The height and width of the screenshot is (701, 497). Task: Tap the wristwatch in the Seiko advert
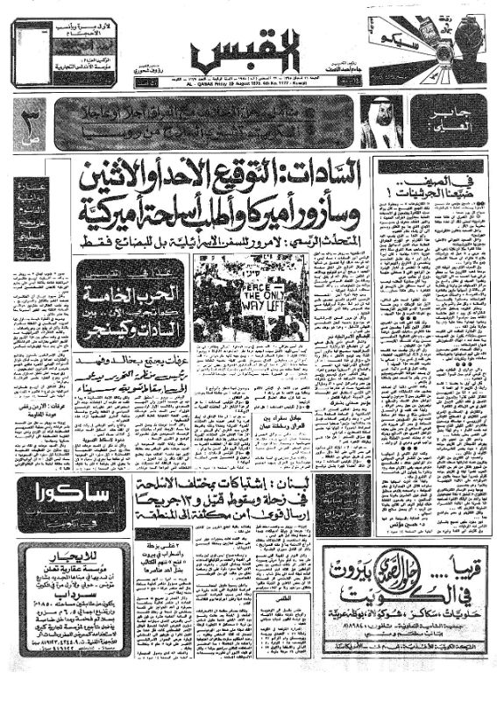click(456, 42)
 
